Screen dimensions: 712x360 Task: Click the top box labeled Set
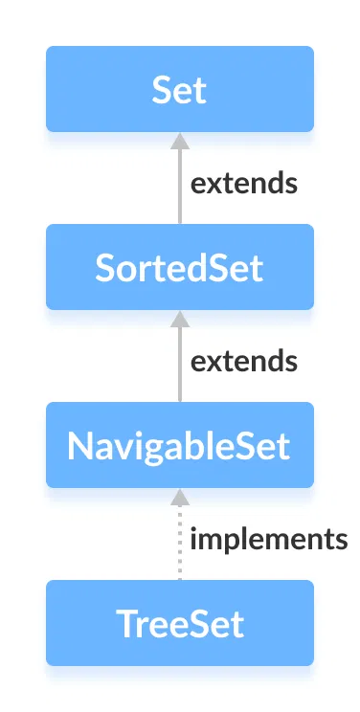[180, 89]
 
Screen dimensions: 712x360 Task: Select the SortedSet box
[180, 267]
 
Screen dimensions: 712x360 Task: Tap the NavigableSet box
[180, 445]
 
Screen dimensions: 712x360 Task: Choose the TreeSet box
[180, 623]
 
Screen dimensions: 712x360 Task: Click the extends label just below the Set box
[243, 184]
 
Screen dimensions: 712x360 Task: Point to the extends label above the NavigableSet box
[243, 362]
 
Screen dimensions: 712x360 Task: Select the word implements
[268, 540]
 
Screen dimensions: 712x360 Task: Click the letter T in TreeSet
[124, 624]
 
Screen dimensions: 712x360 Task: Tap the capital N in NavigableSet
[79, 446]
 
